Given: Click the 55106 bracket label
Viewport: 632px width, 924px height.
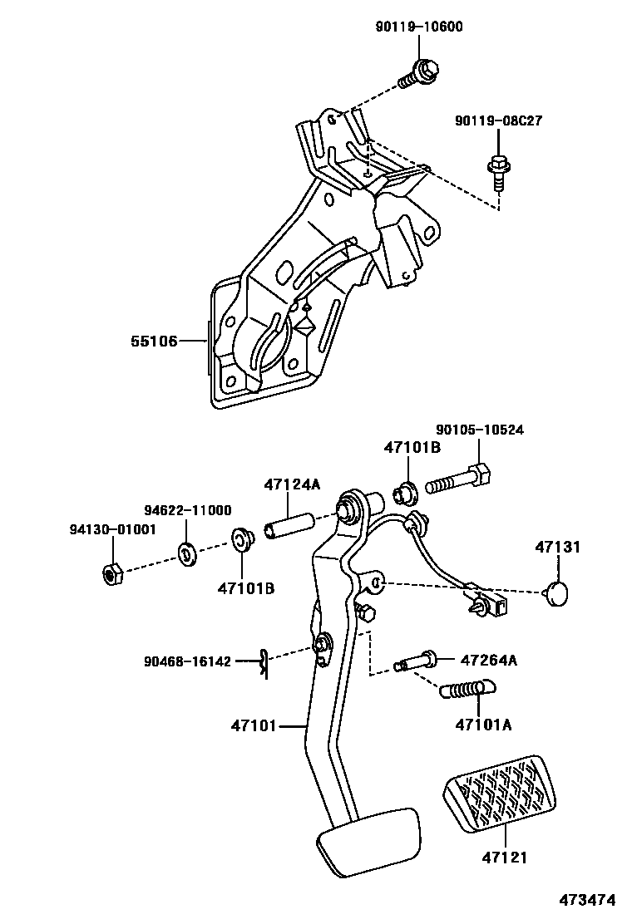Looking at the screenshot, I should (x=154, y=341).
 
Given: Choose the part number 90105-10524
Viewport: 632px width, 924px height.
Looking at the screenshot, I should (x=480, y=430).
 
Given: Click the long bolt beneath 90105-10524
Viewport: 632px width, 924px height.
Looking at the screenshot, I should (x=460, y=480).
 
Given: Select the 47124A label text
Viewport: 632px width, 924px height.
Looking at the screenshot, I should (x=292, y=485).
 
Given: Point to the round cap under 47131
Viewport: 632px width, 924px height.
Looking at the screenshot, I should (x=556, y=593).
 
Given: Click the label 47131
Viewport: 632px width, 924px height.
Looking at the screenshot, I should (x=557, y=548).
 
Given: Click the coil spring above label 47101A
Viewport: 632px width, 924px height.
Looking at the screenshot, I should (x=467, y=689).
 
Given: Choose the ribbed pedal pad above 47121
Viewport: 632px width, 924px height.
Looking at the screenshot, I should (x=501, y=794).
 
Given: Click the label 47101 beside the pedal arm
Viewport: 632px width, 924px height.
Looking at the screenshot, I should (x=253, y=725).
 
